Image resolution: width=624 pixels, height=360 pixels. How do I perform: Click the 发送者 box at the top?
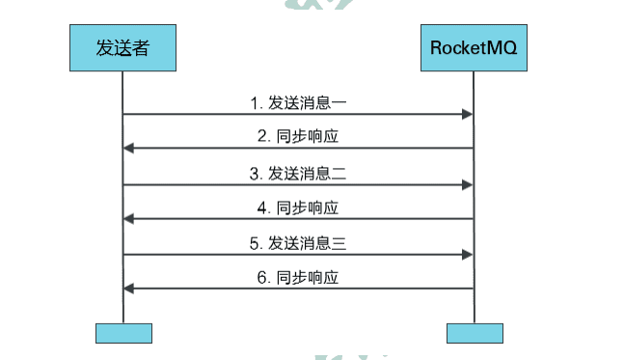[122, 45]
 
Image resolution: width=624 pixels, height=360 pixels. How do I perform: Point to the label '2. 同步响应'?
[298, 137]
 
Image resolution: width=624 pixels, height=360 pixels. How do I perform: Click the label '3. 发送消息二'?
[298, 173]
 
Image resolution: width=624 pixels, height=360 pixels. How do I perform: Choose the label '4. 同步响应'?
[298, 208]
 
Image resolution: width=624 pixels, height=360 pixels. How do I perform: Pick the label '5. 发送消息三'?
[298, 243]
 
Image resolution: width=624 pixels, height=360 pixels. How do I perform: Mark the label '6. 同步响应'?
[298, 278]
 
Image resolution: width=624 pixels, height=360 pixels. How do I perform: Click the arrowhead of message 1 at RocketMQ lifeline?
[468, 115]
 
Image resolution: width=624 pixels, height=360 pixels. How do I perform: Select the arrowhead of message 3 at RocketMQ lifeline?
[468, 184]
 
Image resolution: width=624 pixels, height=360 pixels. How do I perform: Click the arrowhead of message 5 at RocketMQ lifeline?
[468, 255]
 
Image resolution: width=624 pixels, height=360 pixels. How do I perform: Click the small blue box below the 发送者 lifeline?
[123, 333]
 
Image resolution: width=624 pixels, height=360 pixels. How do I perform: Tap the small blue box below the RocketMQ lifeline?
[475, 333]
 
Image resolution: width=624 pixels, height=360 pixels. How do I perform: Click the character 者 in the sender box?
[140, 45]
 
